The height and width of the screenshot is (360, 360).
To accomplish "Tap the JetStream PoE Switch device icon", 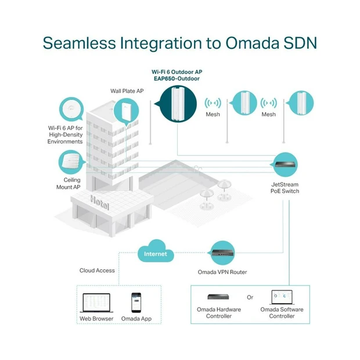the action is point(285,165).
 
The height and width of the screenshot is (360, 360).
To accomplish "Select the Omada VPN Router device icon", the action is point(222,253).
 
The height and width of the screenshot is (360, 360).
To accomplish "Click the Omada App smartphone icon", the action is point(136,303).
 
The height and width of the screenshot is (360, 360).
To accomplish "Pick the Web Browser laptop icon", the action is point(96,303).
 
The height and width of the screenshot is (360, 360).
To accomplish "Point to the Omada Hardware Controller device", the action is point(218,297).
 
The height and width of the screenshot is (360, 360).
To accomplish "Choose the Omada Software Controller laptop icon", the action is point(282,297).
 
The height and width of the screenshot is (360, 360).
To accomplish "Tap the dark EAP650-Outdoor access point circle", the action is point(178,104).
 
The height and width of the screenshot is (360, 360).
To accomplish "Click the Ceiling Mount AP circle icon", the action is point(71,162).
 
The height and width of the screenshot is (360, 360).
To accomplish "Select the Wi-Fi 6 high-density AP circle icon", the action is point(71,109).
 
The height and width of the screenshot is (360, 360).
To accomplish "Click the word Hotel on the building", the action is point(99,203).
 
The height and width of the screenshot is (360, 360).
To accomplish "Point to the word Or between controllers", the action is point(250,297).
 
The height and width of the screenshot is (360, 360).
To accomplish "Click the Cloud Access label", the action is point(97,271).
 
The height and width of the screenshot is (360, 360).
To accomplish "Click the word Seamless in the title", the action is point(80,43).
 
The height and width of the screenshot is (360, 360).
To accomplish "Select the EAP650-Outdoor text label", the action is point(177,78).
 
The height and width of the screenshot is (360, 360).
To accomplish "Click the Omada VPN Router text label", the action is point(222,272).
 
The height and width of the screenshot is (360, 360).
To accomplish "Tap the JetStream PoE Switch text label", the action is point(285,188).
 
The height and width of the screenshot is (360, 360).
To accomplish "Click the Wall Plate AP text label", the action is point(127,91).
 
